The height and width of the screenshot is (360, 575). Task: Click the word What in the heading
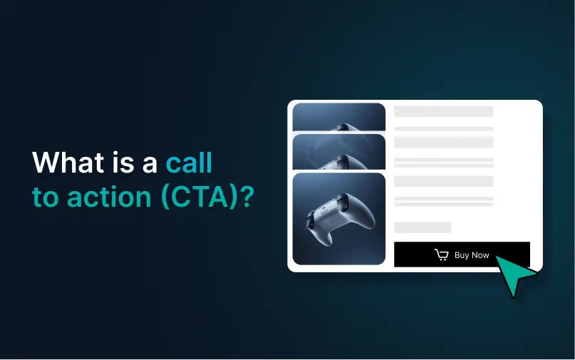(68, 162)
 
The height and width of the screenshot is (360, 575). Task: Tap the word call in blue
(190, 162)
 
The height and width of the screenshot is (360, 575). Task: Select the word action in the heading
(109, 197)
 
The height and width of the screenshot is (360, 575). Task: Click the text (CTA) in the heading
(199, 197)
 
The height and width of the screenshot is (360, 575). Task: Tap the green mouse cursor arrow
(515, 275)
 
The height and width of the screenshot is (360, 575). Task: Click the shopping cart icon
(441, 254)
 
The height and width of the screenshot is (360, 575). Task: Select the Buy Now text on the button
(472, 255)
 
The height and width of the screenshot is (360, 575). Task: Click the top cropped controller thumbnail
(339, 117)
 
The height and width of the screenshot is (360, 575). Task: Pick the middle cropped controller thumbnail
(339, 152)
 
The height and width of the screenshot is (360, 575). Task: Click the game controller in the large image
(339, 219)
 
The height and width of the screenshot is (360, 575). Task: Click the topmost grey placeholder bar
(444, 111)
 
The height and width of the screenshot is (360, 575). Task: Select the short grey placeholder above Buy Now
(423, 227)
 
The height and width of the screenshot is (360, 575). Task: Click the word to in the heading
(46, 197)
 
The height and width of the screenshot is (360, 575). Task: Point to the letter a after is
(150, 164)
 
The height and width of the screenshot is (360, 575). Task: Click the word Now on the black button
(480, 255)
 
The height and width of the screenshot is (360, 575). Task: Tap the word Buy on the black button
(461, 255)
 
